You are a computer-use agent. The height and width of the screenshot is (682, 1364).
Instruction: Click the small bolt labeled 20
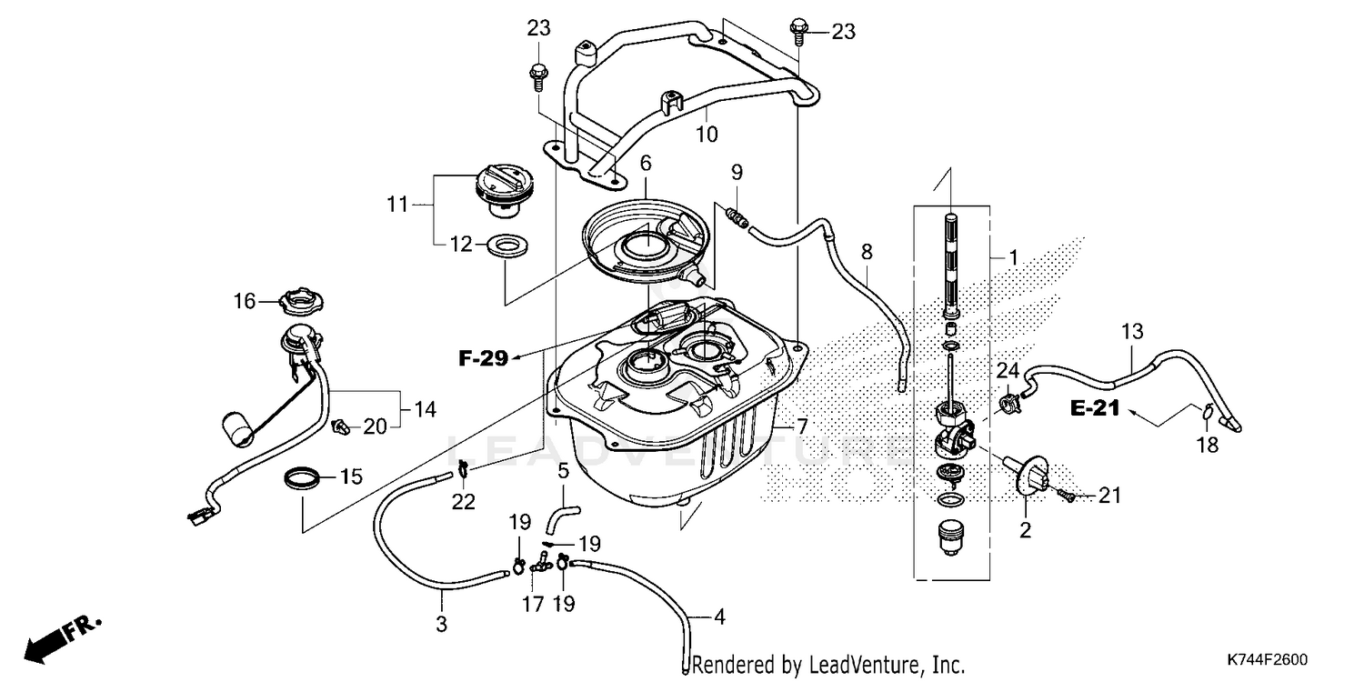(x=343, y=424)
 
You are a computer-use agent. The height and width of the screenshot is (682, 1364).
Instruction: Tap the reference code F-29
(x=482, y=357)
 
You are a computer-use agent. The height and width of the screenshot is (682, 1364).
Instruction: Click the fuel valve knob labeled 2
(x=1028, y=476)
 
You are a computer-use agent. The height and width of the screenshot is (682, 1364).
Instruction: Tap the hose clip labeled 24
(x=1007, y=399)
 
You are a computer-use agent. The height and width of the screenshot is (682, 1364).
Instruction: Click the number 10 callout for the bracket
(x=707, y=135)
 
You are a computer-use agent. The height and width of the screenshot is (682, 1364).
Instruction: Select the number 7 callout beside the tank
(x=801, y=426)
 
